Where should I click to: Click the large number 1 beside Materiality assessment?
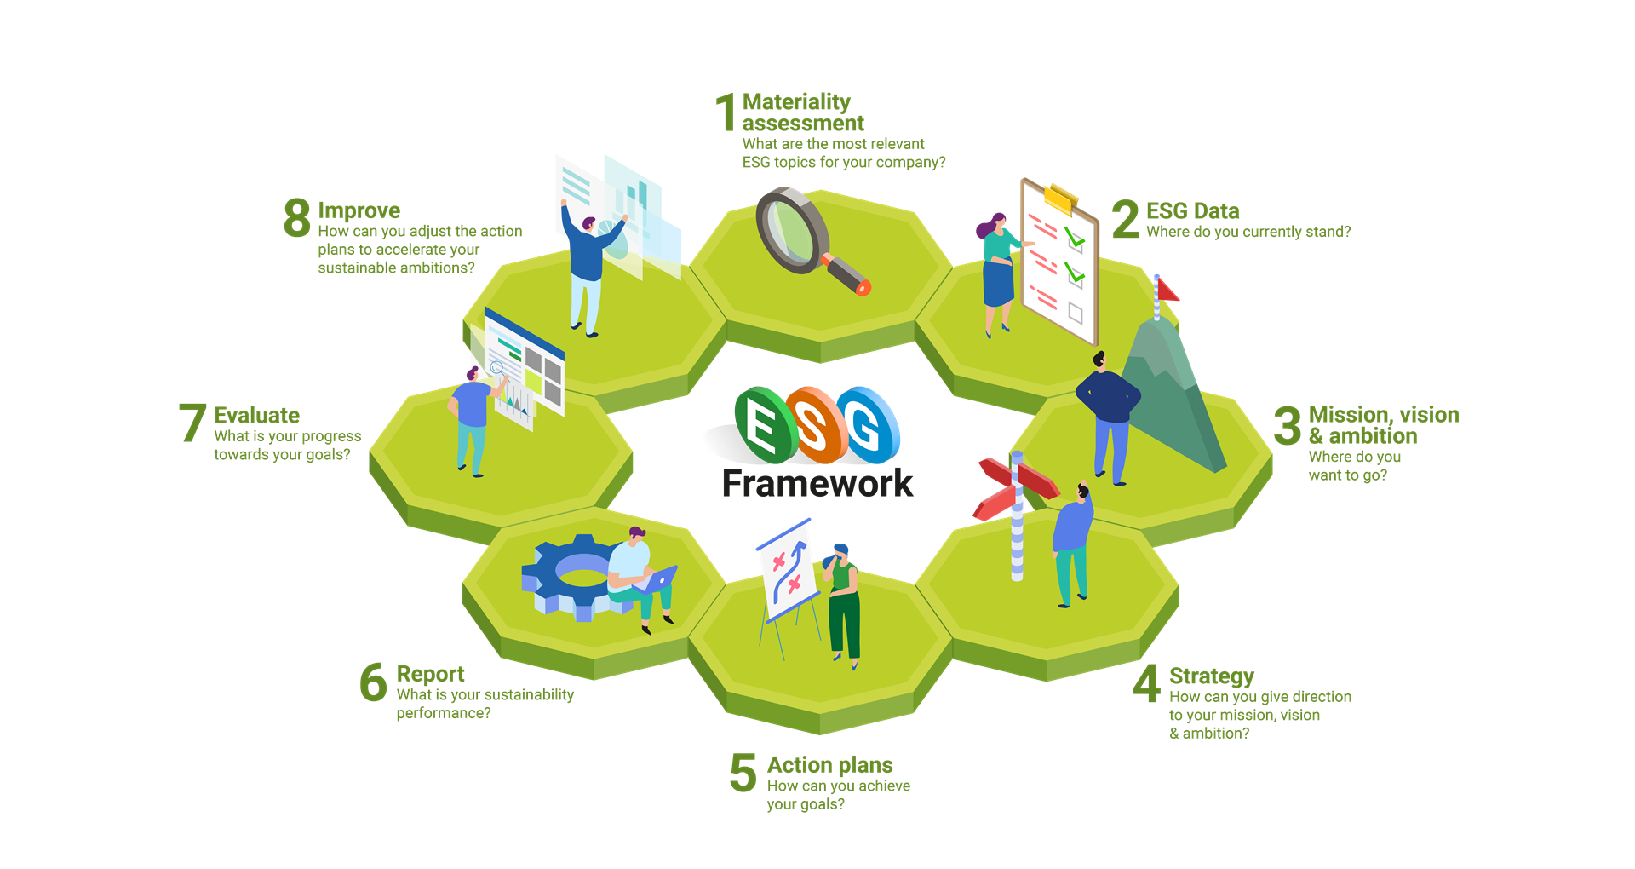pyautogui.click(x=726, y=112)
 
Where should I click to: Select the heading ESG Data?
pyautogui.click(x=1192, y=211)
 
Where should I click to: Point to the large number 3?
pyautogui.click(x=1288, y=426)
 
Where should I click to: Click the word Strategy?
pyautogui.click(x=1211, y=676)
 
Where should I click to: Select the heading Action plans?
pyautogui.click(x=829, y=765)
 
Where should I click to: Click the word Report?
pyautogui.click(x=430, y=675)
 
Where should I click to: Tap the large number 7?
pyautogui.click(x=192, y=423)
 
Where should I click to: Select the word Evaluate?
pyautogui.click(x=256, y=416)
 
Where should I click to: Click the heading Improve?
pyautogui.click(x=359, y=210)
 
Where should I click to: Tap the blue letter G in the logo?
pyautogui.click(x=867, y=423)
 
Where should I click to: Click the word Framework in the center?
pyautogui.click(x=817, y=484)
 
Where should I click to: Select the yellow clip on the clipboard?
pyautogui.click(x=1058, y=199)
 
